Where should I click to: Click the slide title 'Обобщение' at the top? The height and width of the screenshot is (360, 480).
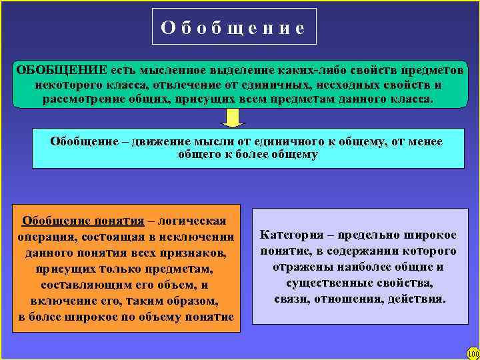(x=233, y=28)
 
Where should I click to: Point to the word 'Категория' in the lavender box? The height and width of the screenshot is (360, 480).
(x=290, y=235)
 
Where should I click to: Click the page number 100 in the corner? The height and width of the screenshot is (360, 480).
(x=473, y=353)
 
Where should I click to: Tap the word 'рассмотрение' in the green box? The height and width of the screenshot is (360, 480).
(x=81, y=99)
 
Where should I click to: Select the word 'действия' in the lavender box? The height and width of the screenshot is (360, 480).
(x=420, y=298)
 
